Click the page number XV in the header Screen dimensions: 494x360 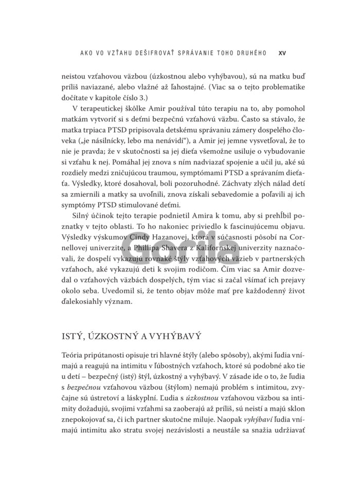282,52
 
